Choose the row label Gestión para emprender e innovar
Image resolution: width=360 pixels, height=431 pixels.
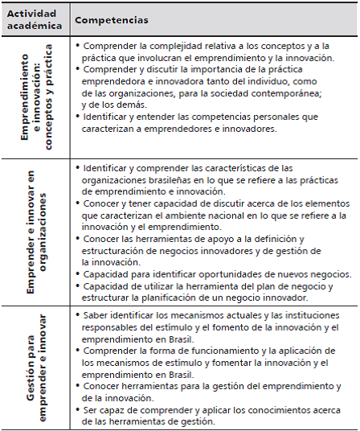click(x=35, y=365)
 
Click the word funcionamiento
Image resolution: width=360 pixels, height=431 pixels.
click(x=198, y=351)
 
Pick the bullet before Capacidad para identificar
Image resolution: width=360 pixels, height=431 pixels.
click(x=78, y=274)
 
